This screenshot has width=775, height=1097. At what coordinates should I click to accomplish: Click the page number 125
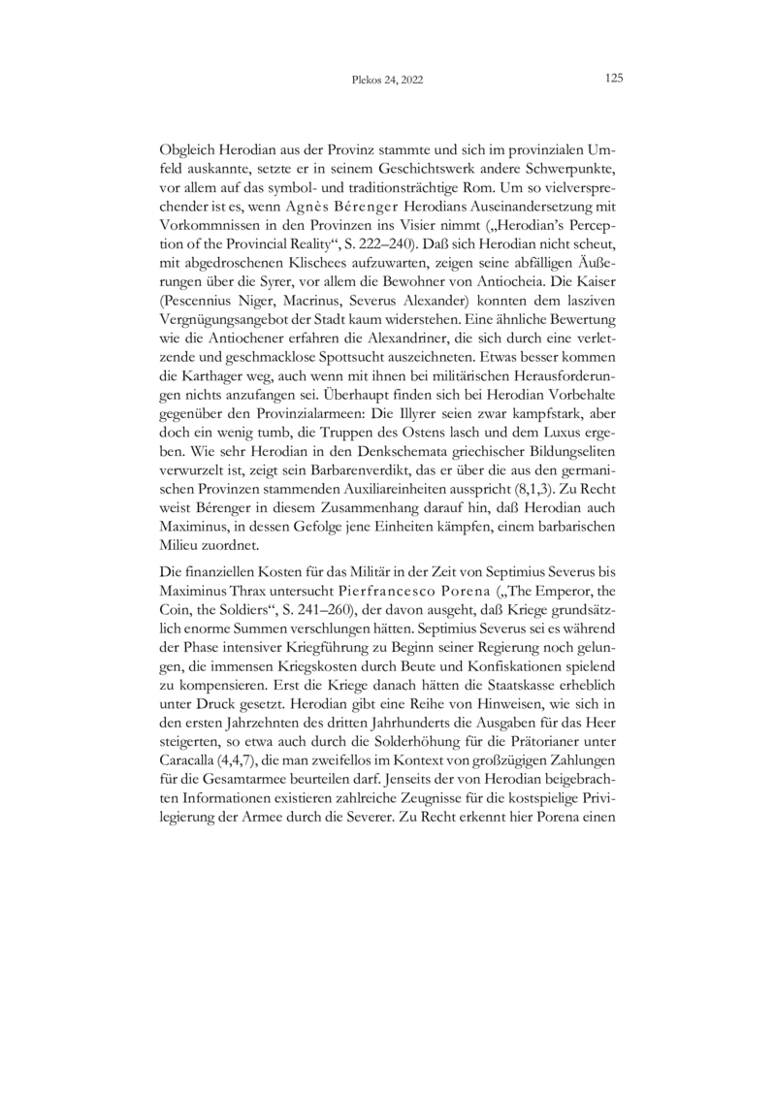click(x=612, y=79)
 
